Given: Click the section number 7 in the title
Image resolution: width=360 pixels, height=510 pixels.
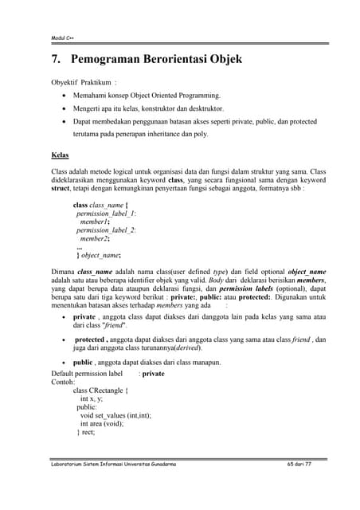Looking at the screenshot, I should coord(55,59).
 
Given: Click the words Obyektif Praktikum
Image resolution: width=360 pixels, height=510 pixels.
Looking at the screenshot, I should coord(80,81).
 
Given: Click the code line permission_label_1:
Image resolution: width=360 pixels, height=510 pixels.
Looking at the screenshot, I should coord(105,214).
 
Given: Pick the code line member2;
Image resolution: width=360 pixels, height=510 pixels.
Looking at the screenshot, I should coord(95,238).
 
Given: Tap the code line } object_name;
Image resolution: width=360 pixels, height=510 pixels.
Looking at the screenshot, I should coord(99,255).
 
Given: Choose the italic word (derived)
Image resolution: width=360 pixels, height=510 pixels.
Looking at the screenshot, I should coord(184,348).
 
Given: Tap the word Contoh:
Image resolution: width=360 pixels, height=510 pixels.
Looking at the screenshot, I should coord(63,382).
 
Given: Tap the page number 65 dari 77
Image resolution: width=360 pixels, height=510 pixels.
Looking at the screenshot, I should coord(299,464).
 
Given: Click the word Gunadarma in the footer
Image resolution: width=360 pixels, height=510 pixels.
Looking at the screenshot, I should coord(157,464).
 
